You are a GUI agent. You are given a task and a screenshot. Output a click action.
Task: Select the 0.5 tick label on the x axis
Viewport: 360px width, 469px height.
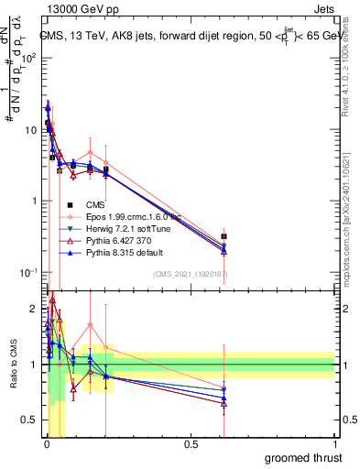pyautogui.click(x=191, y=443)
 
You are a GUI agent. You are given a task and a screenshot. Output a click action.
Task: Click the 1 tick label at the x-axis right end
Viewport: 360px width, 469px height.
pyautogui.click(x=334, y=443)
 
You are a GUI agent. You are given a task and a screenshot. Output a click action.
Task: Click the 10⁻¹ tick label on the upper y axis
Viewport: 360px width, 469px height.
pyautogui.click(x=28, y=272)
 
